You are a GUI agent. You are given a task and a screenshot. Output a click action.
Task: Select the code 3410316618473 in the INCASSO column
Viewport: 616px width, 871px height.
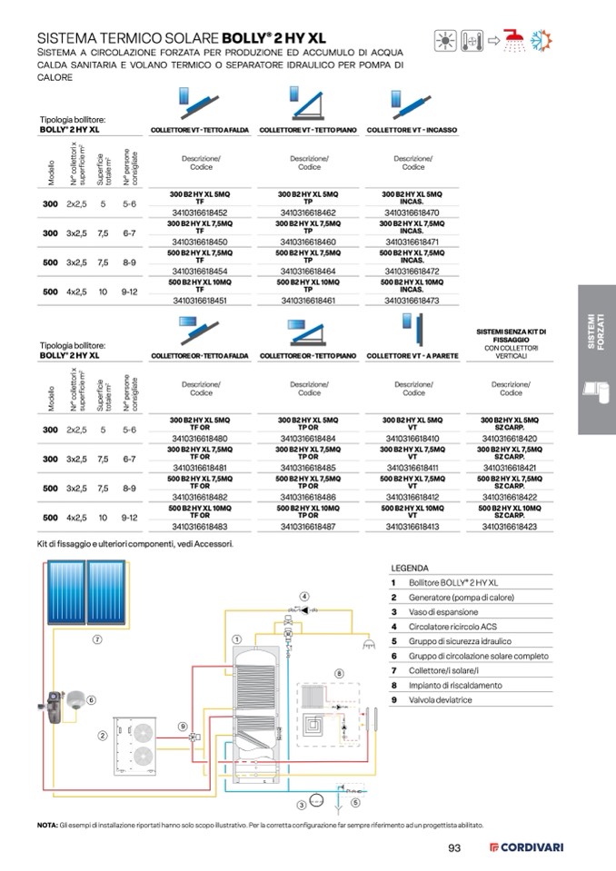[x=413, y=300]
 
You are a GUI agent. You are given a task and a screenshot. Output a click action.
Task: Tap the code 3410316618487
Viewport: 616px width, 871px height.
[x=309, y=526]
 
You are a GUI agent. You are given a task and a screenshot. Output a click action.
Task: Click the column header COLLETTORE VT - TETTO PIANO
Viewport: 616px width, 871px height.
[x=309, y=130]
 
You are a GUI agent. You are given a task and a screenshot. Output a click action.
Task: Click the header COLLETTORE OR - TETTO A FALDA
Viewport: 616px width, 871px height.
[x=200, y=356]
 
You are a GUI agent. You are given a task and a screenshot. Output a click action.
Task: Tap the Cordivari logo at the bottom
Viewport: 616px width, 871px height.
[x=526, y=848]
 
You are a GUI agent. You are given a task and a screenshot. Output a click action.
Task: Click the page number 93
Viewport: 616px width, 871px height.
[x=456, y=848]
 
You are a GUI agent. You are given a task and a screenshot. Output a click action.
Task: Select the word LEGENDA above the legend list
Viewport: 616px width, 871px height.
[x=410, y=567]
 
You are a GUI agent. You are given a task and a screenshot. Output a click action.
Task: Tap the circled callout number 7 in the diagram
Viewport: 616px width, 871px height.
[x=96, y=638]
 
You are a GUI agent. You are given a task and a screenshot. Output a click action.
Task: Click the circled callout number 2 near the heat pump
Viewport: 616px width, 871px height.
[x=103, y=735]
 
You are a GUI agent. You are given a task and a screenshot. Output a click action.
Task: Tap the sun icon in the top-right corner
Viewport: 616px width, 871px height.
[x=446, y=40]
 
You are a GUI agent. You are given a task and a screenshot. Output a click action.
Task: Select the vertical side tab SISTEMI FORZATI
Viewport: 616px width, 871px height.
[x=595, y=332]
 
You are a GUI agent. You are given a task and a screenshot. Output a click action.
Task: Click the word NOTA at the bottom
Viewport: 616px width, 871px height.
[x=47, y=826]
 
